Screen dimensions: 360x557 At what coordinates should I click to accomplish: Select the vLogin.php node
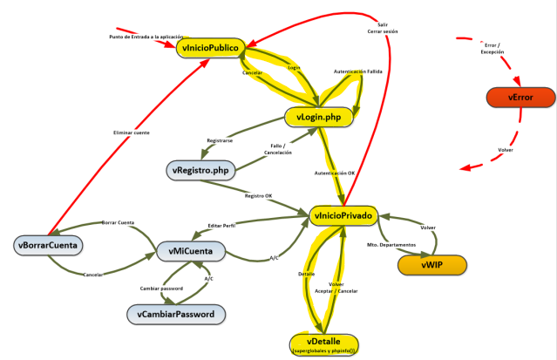pyautogui.click(x=318, y=116)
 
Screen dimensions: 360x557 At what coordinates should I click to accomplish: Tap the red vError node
pyautogui.click(x=520, y=98)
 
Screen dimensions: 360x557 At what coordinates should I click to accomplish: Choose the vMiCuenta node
pyautogui.click(x=190, y=252)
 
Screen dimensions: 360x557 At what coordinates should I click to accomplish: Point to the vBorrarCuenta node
pyautogui.click(x=48, y=246)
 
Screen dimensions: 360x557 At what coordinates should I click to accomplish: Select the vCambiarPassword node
pyautogui.click(x=175, y=312)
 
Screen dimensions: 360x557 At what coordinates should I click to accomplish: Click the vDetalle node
pyautogui.click(x=324, y=342)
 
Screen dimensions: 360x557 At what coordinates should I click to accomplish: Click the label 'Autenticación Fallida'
pyautogui.click(x=358, y=71)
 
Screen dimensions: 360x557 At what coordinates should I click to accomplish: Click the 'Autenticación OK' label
pyautogui.click(x=335, y=173)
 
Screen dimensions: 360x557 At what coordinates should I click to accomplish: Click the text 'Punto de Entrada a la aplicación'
pyautogui.click(x=146, y=37)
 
